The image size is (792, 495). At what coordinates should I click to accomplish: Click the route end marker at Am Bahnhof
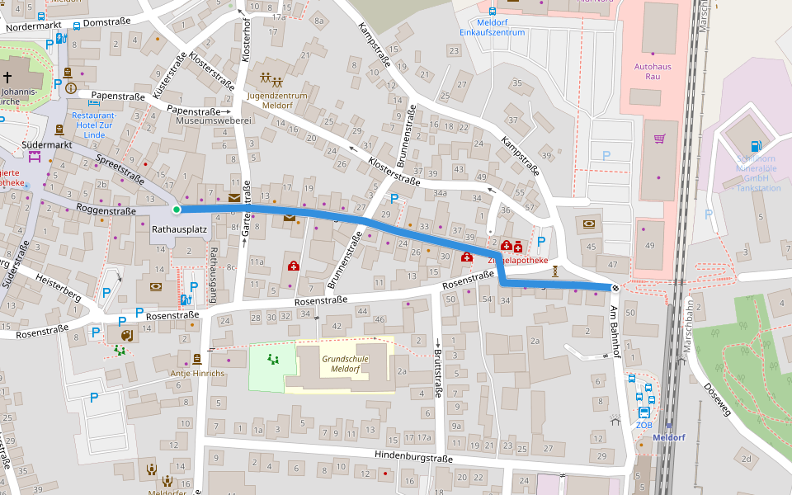pyautogui.click(x=615, y=287)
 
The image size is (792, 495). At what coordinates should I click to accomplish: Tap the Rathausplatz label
pyautogui.click(x=179, y=229)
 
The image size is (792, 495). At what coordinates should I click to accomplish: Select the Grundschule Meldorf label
pyautogui.click(x=345, y=364)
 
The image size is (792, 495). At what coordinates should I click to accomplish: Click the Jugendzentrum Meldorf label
pyautogui.click(x=276, y=101)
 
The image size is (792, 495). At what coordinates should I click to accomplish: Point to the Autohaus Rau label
pyautogui.click(x=647, y=70)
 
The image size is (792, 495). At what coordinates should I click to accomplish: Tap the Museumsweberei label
pyautogui.click(x=213, y=120)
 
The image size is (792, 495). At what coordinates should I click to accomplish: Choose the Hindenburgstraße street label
pyautogui.click(x=412, y=458)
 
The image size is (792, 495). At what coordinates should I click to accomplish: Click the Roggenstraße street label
pyautogui.click(x=106, y=211)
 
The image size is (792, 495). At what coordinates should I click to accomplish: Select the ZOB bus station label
pyautogui.click(x=643, y=425)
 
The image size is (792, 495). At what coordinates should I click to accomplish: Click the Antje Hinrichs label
pyautogui.click(x=197, y=373)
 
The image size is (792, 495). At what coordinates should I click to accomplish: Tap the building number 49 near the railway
pyautogui.click(x=650, y=246)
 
